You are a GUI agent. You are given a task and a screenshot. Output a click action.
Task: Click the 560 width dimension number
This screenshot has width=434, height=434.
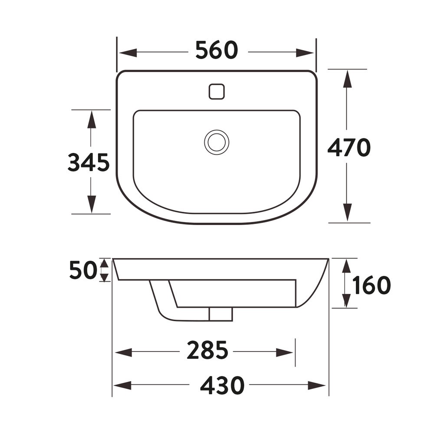click(x=217, y=50)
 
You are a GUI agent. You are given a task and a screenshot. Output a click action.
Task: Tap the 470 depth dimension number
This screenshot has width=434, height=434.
click(x=349, y=148)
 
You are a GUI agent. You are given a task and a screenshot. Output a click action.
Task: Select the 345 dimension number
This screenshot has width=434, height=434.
click(x=89, y=163)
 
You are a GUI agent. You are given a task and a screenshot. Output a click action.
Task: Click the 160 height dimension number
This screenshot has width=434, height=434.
click(x=372, y=285)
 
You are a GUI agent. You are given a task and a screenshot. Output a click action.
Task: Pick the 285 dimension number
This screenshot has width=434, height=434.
click(x=207, y=351)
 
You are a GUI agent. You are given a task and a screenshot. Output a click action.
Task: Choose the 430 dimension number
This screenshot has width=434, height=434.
click(x=222, y=385)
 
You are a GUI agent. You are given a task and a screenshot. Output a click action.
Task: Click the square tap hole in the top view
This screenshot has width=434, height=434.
click(x=217, y=91)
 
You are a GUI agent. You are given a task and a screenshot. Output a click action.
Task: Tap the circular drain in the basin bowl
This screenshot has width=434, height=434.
click(x=217, y=141)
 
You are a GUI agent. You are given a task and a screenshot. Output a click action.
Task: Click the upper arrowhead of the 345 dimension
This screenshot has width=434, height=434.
click(x=91, y=120)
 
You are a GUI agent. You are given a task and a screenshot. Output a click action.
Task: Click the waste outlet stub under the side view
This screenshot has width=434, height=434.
click(x=220, y=314)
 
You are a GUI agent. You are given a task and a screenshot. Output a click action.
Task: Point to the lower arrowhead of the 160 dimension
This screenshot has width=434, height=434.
click(x=346, y=300)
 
